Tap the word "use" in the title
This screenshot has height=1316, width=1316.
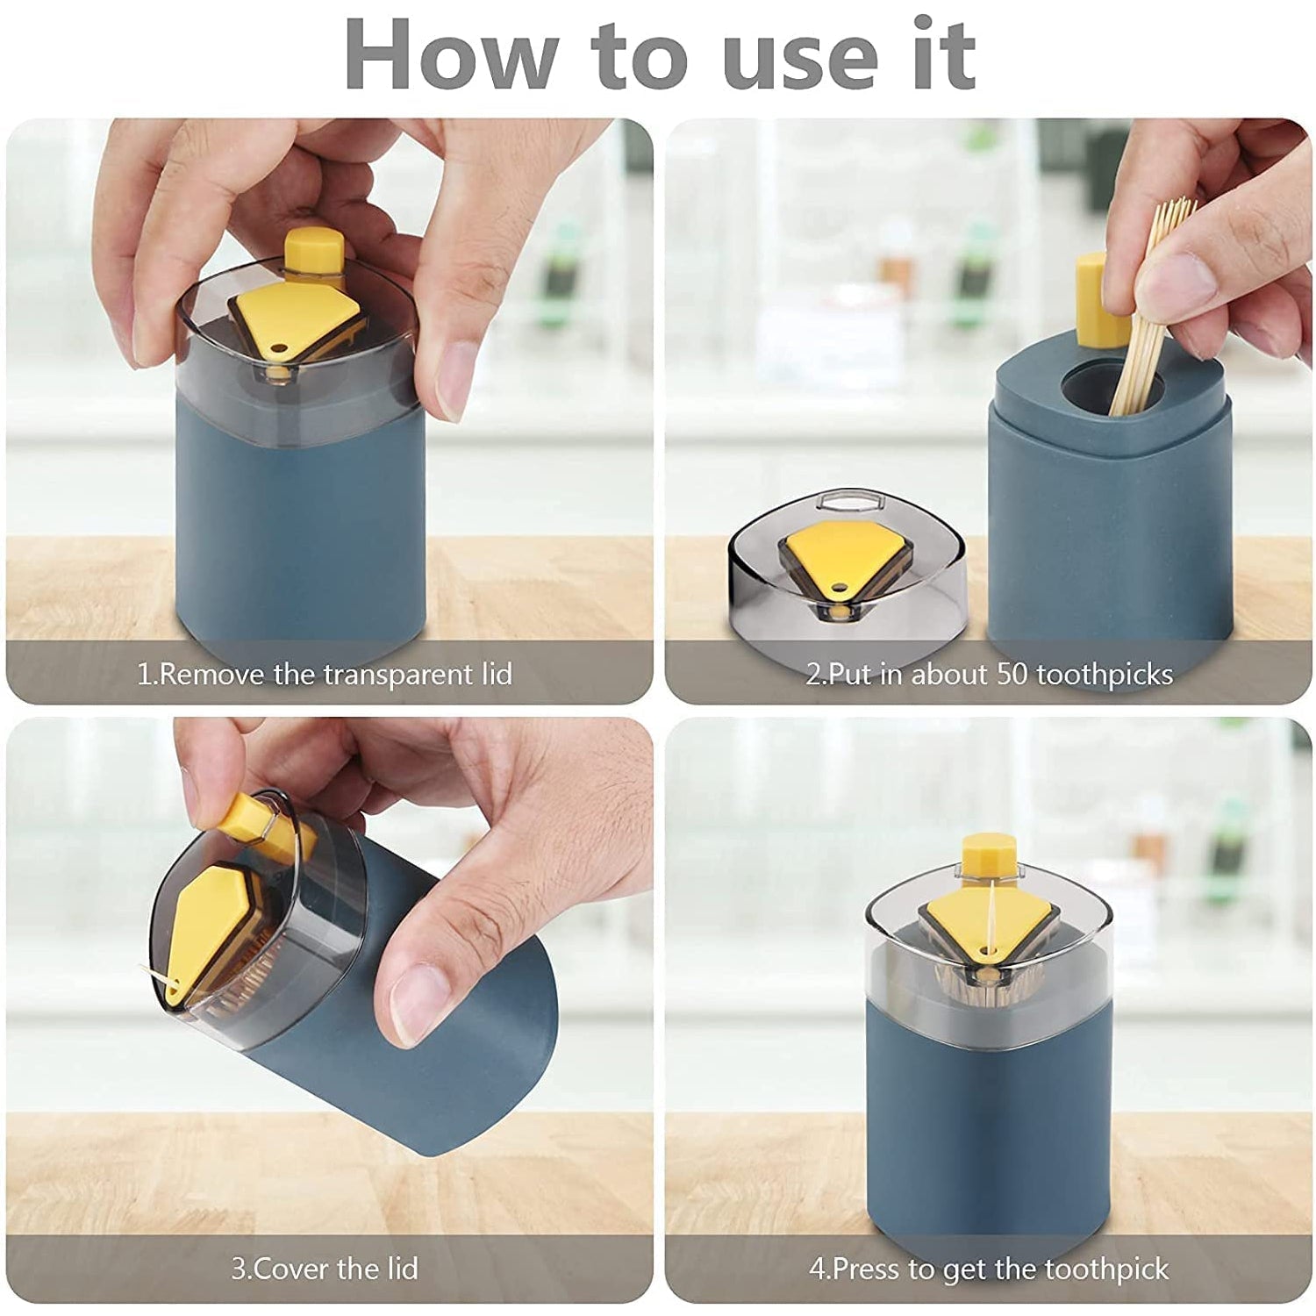pyautogui.click(x=800, y=54)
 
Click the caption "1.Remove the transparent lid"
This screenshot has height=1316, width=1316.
pyautogui.click(x=325, y=675)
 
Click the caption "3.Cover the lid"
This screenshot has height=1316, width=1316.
pyautogui.click(x=325, y=1269)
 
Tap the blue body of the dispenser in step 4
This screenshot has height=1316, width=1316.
pyautogui.click(x=987, y=1141)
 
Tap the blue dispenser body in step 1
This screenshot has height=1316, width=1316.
pyautogui.click(x=298, y=526)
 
